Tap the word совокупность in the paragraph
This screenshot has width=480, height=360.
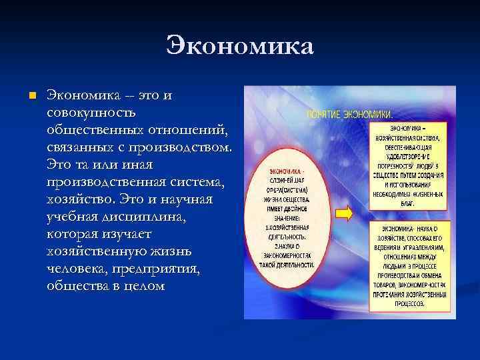coord(90,113)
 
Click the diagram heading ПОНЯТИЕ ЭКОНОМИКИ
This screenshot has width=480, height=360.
coord(349,115)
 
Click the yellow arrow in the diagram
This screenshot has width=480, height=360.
coord(344,213)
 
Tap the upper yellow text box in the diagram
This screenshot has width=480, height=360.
coord(410,165)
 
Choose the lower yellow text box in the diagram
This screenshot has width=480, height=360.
coord(411,264)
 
